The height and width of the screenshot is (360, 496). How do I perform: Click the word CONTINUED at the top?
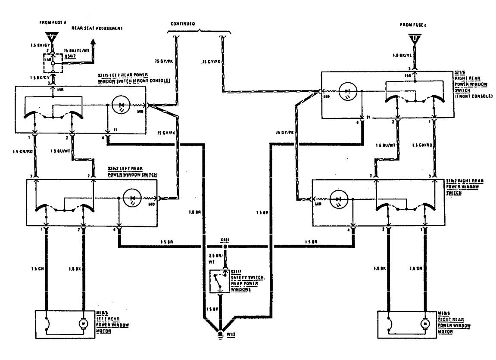click(183, 24)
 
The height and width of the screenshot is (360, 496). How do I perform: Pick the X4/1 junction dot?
click(224, 247)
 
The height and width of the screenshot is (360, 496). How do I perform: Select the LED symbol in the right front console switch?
click(348, 91)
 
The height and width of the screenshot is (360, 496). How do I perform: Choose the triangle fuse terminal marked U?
click(414, 40)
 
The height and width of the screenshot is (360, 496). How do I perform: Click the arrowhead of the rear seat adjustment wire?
click(93, 42)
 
